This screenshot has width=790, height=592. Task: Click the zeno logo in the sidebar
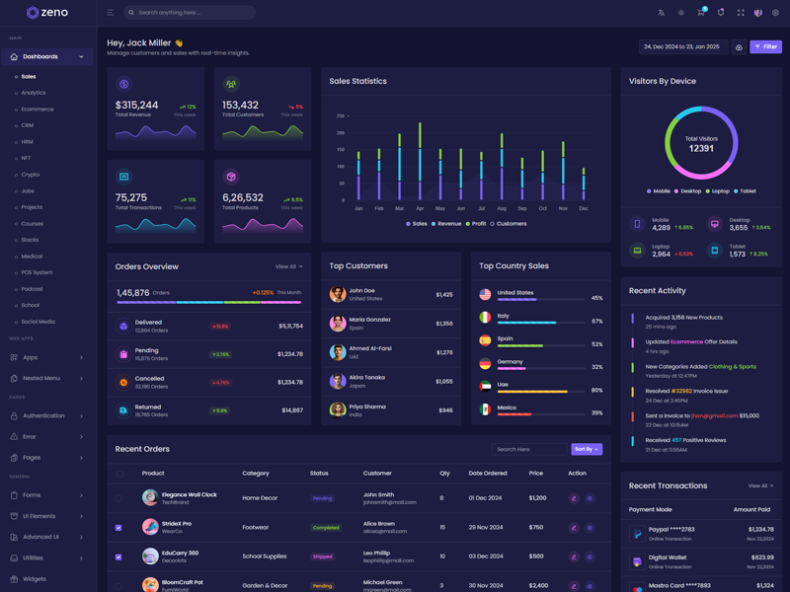tap(47, 13)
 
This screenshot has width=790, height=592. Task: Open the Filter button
tap(765, 46)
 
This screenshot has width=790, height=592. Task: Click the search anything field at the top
tap(193, 13)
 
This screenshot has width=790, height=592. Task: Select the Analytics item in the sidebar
tap(34, 93)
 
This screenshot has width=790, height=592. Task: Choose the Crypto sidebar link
tap(31, 175)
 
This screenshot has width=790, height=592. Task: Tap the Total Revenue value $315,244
tap(137, 105)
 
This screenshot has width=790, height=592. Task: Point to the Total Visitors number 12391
tap(701, 148)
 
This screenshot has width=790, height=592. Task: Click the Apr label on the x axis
tap(420, 208)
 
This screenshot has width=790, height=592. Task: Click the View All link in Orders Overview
tap(288, 266)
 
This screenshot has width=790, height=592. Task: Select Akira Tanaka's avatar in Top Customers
tap(338, 381)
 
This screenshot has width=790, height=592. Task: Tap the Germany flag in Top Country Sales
tap(485, 363)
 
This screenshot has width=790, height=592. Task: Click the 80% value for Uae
tap(596, 390)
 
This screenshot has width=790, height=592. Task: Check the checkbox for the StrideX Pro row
tap(118, 528)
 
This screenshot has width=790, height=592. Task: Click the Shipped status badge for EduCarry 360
tap(323, 556)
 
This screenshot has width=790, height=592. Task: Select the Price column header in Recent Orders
tap(536, 474)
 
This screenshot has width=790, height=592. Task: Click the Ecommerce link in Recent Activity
tap(687, 341)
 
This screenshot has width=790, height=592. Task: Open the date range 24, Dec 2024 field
tap(682, 46)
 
